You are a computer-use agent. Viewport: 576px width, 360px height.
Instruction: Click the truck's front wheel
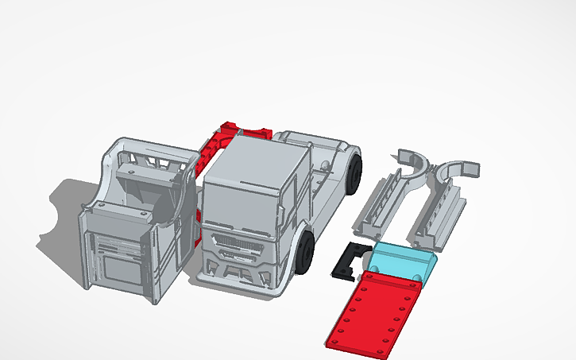coord(306,251)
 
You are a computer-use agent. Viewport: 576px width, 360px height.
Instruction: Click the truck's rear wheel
coord(355,172)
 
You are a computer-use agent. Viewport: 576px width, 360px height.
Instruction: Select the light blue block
coord(401,260)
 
